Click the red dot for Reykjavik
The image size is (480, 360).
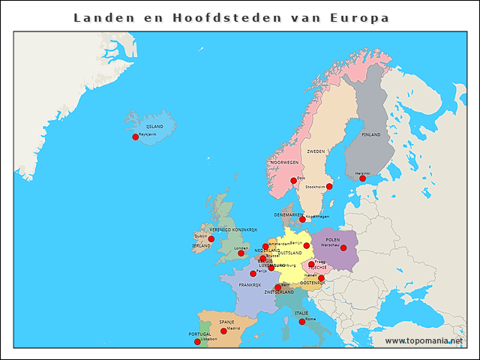click(x=135, y=137)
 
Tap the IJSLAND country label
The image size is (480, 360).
click(x=154, y=127)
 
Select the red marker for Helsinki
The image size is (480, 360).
click(x=362, y=178)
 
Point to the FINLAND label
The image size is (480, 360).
click(x=371, y=135)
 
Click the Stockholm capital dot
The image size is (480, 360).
click(x=328, y=187)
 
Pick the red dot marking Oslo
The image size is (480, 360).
click(x=293, y=181)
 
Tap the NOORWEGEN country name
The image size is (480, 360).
click(x=284, y=163)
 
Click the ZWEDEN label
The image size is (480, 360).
click(x=316, y=151)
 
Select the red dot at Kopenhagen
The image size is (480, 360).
click(x=302, y=220)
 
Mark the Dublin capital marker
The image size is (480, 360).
click(x=211, y=239)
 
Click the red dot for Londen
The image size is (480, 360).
click(x=241, y=253)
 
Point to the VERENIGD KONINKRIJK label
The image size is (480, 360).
click(x=233, y=229)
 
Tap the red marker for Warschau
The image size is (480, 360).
click(x=343, y=247)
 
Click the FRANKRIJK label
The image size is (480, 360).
click(x=249, y=285)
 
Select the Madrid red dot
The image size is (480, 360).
click(x=223, y=331)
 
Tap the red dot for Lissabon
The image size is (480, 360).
click(x=197, y=342)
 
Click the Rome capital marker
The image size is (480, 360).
click(x=302, y=322)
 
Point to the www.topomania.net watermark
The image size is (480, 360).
click(x=424, y=341)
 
